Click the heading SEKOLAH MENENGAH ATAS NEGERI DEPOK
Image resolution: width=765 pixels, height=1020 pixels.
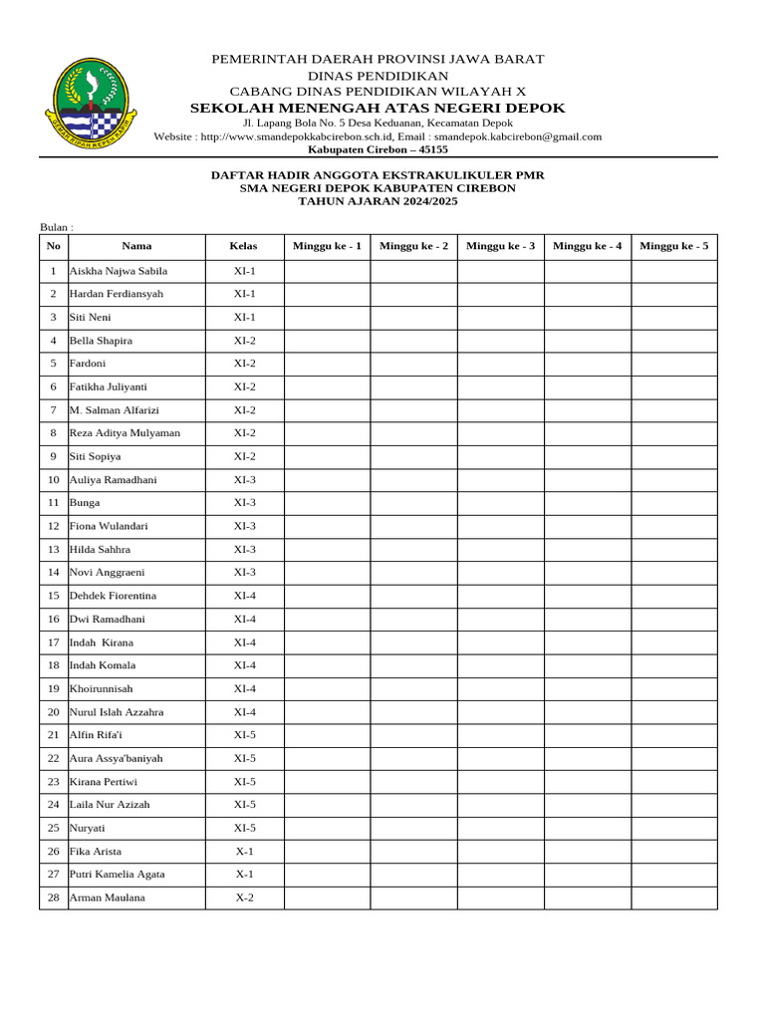(378, 108)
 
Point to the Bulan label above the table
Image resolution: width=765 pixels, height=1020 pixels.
(57, 227)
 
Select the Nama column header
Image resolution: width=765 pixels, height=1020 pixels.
(136, 246)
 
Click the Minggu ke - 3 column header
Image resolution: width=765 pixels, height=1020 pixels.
(500, 246)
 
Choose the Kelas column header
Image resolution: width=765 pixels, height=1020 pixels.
(244, 246)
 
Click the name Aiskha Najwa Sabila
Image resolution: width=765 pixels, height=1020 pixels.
(118, 271)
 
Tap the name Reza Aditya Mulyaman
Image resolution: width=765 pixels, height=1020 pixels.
(125, 433)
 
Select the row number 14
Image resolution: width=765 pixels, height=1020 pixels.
(54, 573)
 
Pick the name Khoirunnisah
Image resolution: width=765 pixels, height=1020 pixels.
(101, 688)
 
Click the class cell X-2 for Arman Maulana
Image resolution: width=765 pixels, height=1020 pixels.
(244, 897)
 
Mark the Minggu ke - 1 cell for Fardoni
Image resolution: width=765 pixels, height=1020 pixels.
(327, 364)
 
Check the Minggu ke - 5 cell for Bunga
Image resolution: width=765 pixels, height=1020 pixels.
(673, 503)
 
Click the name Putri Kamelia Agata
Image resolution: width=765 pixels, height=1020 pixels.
(117, 875)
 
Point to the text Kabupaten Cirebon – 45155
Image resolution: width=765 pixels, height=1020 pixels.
(378, 149)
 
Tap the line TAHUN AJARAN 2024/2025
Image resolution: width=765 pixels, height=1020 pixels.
(378, 201)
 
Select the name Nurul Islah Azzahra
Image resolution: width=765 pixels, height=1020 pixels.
(117, 712)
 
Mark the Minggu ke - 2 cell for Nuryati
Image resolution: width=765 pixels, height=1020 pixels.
(413, 828)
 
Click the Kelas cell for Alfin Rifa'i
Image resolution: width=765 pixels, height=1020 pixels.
(244, 735)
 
